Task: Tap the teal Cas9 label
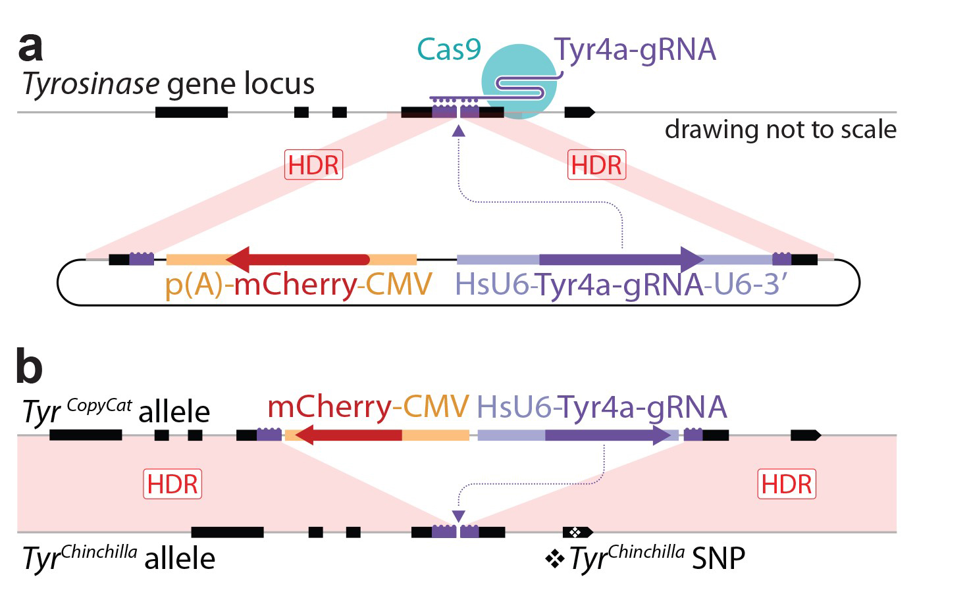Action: [x=449, y=49]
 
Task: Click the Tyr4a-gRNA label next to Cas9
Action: [x=635, y=50]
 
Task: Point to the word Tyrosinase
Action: [x=91, y=84]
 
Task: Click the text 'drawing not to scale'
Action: [x=780, y=130]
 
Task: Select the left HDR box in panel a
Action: [x=313, y=165]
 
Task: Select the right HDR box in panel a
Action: [x=596, y=165]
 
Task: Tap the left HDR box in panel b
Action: [x=172, y=484]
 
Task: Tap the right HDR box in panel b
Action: [x=787, y=484]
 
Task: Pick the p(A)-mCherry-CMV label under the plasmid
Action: [x=298, y=285]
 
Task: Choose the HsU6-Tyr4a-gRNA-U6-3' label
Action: [x=621, y=285]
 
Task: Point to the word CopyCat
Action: [x=99, y=406]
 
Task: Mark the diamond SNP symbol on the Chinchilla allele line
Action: [x=575, y=532]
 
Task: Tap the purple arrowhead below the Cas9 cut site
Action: [x=459, y=132]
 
